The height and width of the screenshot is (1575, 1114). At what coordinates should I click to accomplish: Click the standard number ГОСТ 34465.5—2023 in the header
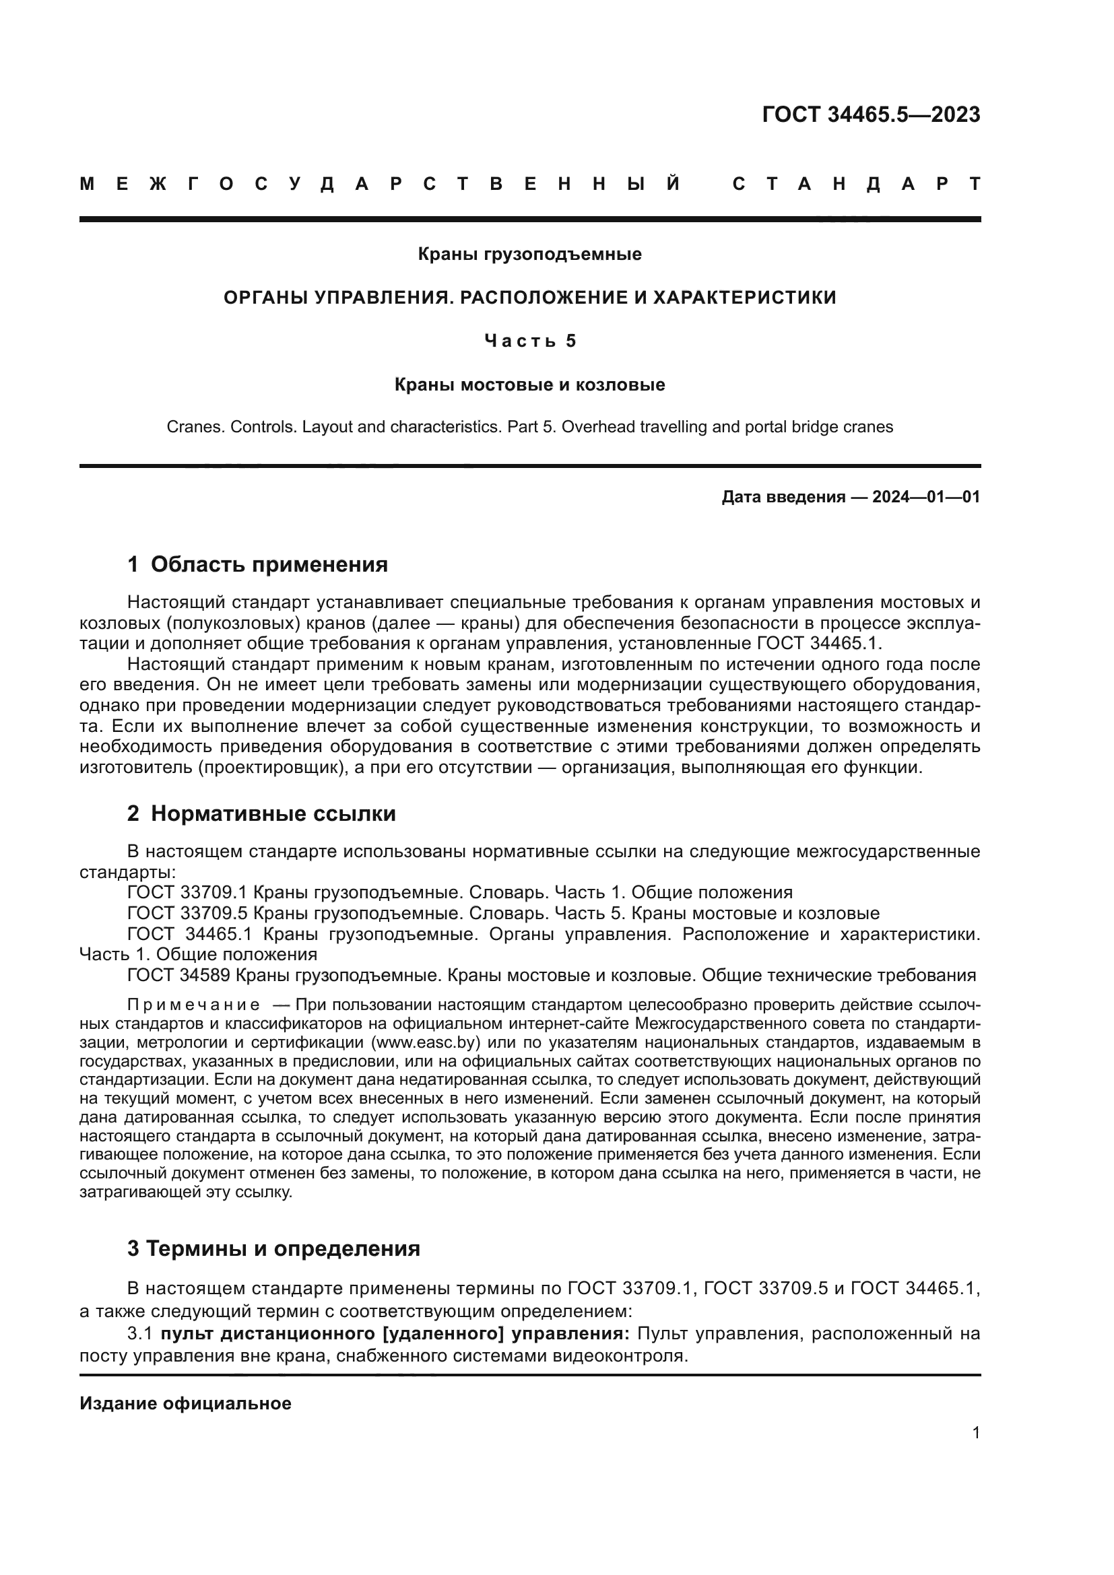click(870, 114)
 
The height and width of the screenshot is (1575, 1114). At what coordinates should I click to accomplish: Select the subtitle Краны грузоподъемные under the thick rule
click(529, 255)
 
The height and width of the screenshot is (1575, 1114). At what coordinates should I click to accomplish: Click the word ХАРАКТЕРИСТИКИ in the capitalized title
click(744, 298)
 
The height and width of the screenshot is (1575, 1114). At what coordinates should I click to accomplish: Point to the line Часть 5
click(529, 341)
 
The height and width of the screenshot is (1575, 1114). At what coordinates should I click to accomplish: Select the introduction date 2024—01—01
click(926, 497)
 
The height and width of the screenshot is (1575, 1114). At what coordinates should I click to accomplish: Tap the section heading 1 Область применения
click(257, 564)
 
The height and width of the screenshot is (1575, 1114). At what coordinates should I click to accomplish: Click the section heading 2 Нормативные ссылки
click(261, 813)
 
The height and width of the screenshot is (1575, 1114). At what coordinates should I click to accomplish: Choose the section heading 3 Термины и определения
click(273, 1248)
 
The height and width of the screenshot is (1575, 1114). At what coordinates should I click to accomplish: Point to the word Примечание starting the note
click(193, 1005)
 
